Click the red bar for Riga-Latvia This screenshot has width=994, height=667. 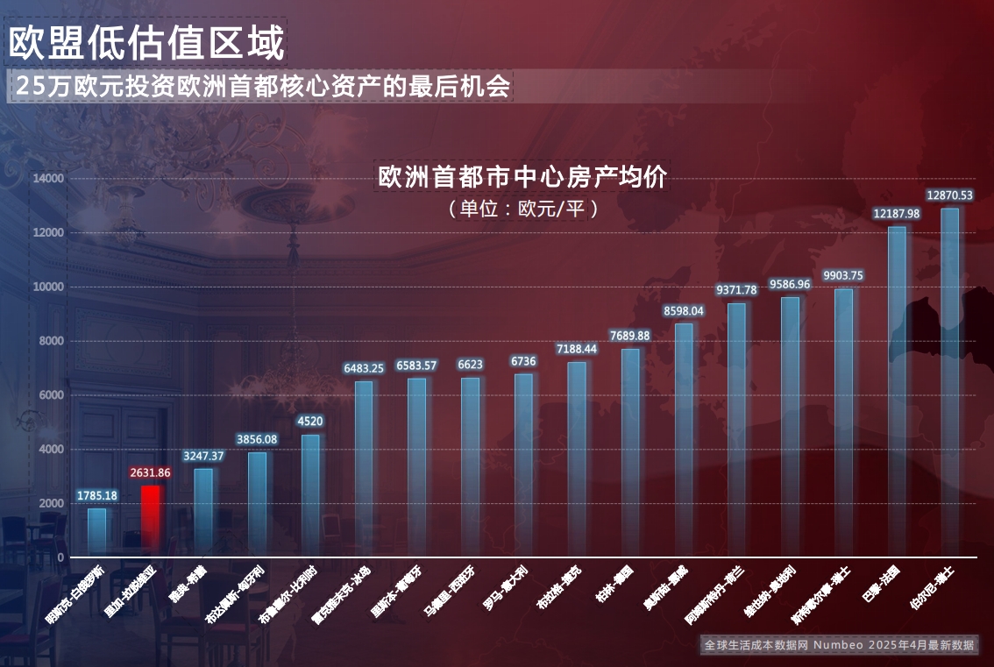151,521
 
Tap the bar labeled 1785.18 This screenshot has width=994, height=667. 96,532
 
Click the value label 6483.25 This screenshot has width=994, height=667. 364,368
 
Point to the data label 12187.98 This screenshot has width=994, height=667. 896,214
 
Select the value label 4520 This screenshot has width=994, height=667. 310,422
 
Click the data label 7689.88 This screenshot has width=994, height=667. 630,336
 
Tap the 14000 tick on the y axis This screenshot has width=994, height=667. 48,178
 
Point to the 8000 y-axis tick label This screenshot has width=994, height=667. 53,341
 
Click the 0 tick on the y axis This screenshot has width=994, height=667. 60,557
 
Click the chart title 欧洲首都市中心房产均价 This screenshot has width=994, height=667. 524,177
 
